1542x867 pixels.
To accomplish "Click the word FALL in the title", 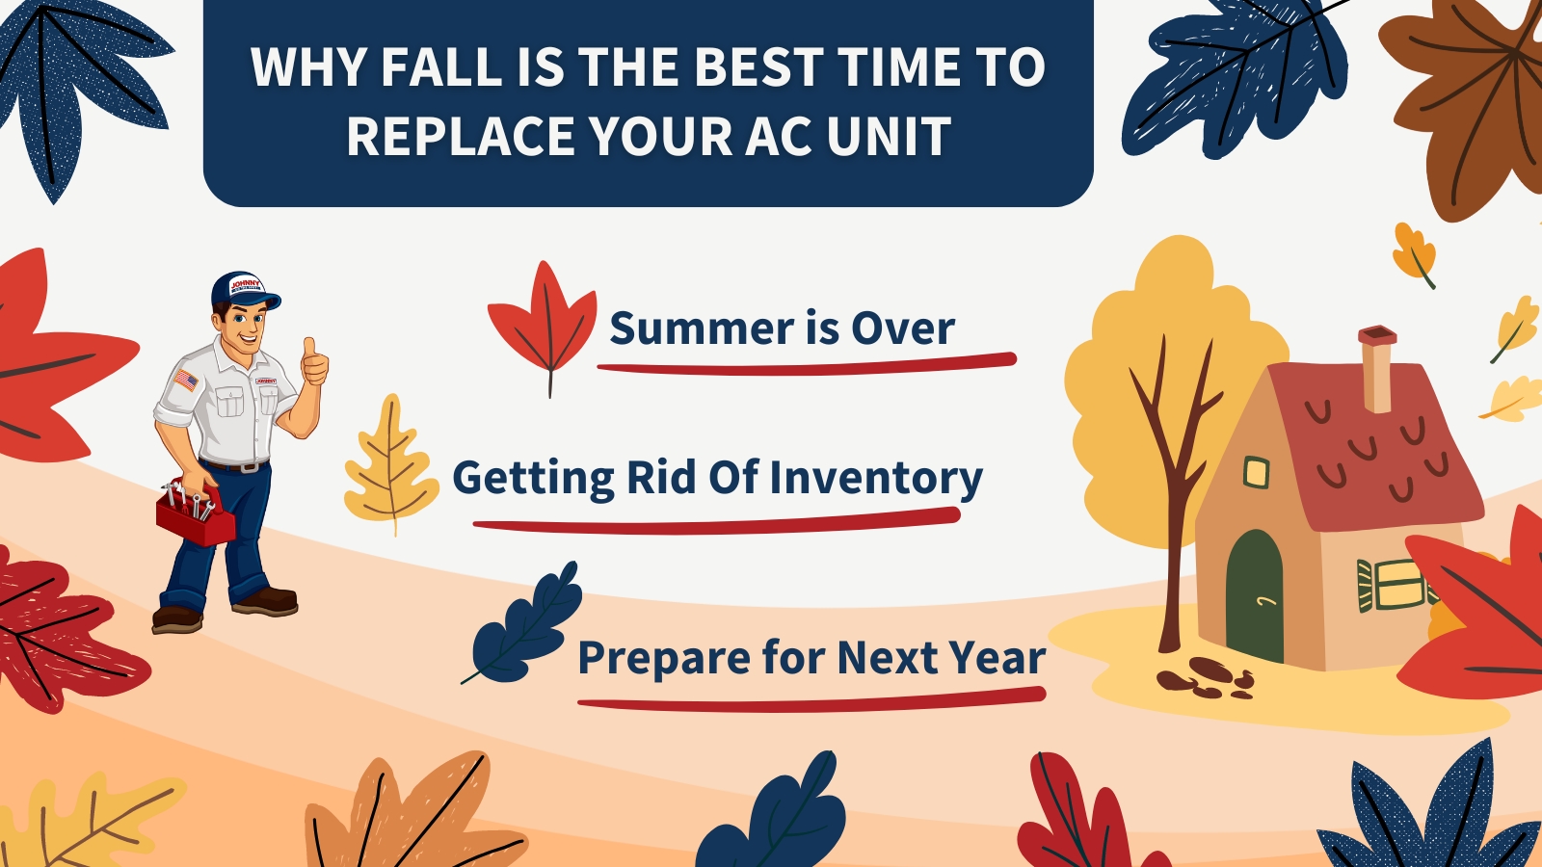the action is pyautogui.click(x=442, y=66).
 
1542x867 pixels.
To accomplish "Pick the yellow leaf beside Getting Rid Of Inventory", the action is pyautogui.click(x=391, y=464).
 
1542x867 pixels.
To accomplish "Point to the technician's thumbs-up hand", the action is pyautogui.click(x=314, y=362).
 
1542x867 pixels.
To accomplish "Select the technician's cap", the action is pyautogui.click(x=244, y=290).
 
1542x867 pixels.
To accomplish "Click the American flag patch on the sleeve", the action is pyautogui.click(x=186, y=380).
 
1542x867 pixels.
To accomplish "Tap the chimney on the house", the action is pyautogui.click(x=1377, y=370).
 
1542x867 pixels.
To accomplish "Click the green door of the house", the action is pyautogui.click(x=1255, y=596).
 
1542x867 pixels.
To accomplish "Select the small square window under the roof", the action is pyautogui.click(x=1257, y=473).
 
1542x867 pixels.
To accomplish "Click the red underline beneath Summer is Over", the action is pyautogui.click(x=807, y=365).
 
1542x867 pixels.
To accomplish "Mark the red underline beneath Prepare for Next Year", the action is pyautogui.click(x=811, y=699).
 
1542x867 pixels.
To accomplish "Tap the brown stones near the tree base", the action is pyautogui.click(x=1206, y=678).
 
